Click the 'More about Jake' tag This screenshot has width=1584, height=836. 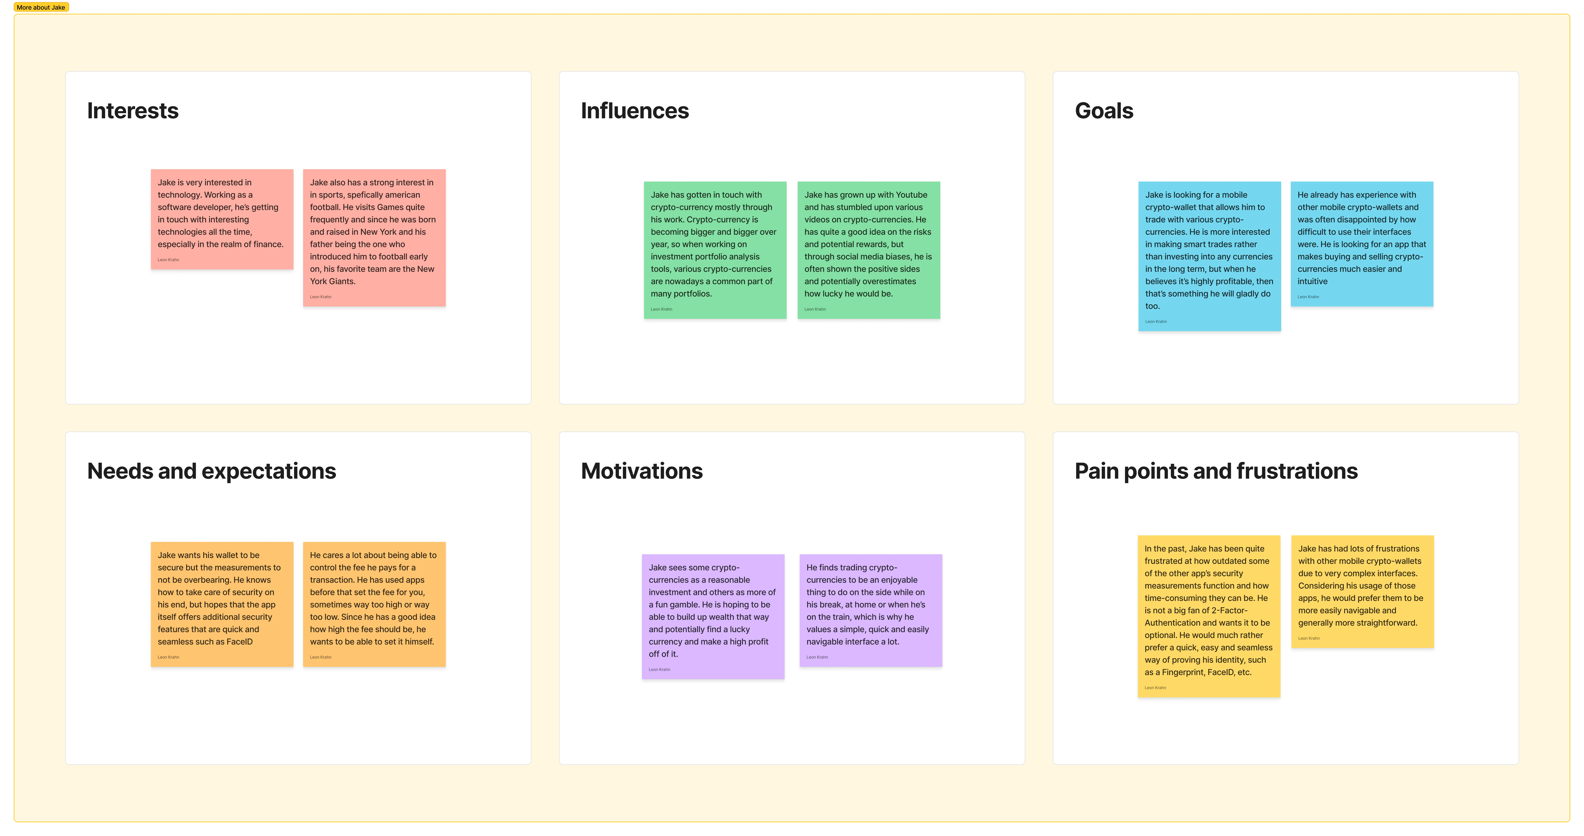[41, 7]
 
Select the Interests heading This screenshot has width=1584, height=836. [133, 111]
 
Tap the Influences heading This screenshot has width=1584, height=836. [635, 111]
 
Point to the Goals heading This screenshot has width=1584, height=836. [1104, 111]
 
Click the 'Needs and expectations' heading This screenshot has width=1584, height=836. [212, 471]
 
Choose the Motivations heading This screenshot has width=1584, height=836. [641, 471]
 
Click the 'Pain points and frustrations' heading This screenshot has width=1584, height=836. [1216, 471]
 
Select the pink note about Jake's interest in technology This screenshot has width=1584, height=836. [222, 219]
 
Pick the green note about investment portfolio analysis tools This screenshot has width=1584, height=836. [715, 250]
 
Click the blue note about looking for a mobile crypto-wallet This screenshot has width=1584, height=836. [1210, 256]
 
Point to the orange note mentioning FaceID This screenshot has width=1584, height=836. [222, 604]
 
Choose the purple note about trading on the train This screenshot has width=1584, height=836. [871, 610]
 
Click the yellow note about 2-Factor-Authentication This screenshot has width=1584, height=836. [1209, 616]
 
